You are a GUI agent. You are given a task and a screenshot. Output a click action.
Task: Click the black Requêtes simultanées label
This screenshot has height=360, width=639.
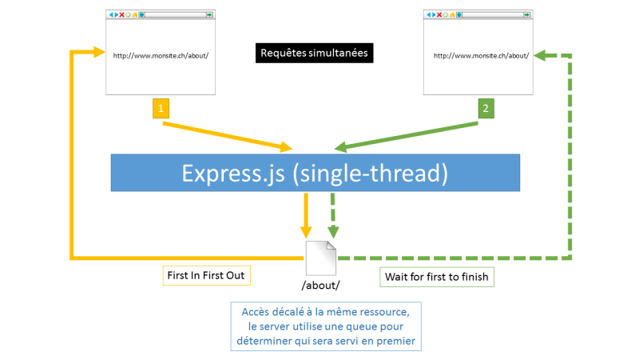314,53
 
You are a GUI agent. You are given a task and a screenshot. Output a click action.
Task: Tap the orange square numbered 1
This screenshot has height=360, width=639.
161,108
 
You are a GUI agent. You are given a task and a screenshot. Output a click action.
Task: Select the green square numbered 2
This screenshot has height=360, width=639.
486,108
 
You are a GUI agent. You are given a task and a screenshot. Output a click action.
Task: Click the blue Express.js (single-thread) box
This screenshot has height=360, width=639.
316,173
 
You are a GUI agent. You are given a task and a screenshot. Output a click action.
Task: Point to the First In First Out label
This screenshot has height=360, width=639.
206,275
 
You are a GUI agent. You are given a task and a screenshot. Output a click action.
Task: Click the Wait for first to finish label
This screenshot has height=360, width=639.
437,277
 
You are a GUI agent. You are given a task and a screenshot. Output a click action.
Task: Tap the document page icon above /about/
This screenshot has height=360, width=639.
321,258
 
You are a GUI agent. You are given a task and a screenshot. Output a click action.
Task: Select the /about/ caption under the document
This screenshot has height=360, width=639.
321,286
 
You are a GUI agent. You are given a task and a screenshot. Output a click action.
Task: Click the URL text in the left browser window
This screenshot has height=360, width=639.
161,55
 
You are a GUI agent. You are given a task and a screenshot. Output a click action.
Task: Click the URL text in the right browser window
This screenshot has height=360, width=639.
482,55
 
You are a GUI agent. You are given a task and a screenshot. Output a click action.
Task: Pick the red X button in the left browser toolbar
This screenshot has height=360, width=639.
121,14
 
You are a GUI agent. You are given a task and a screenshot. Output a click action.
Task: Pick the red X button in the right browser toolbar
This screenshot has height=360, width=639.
439,14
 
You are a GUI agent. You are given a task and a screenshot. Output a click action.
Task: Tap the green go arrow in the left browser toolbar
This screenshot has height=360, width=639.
209,14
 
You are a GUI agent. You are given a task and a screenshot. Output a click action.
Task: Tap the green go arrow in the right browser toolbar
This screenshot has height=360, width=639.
527,14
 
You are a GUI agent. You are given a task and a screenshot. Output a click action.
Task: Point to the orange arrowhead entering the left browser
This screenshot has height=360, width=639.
99,52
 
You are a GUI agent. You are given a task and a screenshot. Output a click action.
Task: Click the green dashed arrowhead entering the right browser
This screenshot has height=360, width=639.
540,55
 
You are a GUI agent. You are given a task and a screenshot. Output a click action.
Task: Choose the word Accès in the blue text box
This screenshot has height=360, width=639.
256,312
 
